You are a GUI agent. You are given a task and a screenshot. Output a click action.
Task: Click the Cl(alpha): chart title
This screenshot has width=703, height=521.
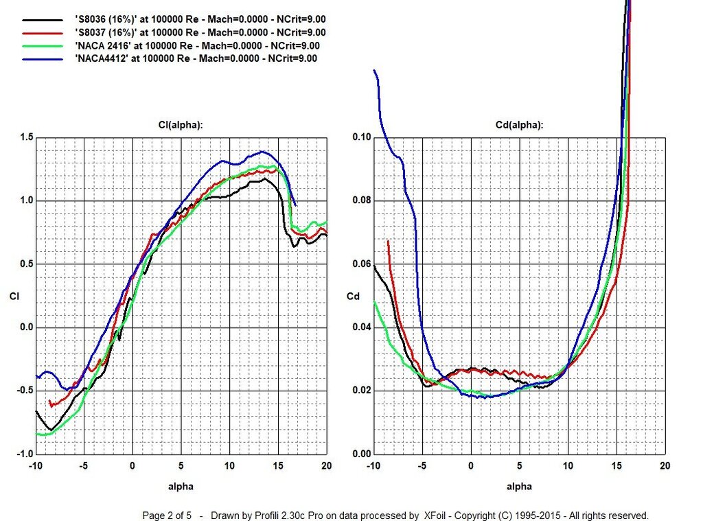(181, 125)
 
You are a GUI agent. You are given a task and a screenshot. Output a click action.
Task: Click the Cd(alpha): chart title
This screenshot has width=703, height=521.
(519, 125)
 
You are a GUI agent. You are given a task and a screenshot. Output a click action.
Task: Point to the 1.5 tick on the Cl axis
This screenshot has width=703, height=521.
(25, 138)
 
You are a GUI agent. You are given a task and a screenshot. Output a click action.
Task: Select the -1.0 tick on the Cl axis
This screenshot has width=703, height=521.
(24, 454)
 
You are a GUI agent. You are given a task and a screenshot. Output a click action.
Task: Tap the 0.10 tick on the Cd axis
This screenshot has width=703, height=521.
(362, 138)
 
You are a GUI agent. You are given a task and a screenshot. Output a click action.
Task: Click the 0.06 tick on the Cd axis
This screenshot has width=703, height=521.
(362, 264)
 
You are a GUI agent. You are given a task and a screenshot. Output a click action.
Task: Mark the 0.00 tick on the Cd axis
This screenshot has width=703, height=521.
(362, 454)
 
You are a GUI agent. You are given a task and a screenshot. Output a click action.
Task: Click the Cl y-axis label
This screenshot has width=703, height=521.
(14, 297)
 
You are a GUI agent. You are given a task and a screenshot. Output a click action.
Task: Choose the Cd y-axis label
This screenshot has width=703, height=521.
(352, 297)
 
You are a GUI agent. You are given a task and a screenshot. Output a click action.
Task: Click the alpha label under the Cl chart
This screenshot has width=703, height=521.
(181, 487)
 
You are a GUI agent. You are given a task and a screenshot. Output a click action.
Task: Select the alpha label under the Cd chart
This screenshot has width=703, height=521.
(519, 487)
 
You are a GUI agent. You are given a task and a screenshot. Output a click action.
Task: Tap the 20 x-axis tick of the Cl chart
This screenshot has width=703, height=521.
(326, 465)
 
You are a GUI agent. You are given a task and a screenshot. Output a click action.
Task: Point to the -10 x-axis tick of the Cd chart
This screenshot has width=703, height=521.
(373, 465)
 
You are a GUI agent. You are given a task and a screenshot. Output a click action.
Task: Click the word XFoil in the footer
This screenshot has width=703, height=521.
(437, 515)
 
